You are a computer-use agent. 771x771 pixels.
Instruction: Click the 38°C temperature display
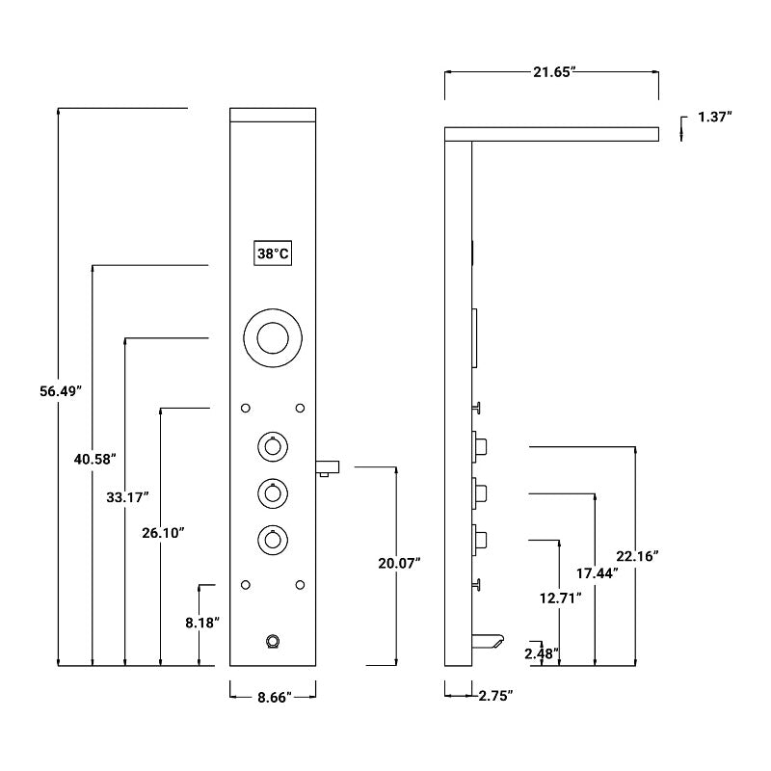[273, 253]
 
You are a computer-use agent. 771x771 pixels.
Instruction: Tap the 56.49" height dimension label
[61, 390]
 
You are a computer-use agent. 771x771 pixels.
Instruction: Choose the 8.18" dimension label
[203, 622]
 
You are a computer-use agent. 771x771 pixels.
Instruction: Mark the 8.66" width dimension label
[273, 694]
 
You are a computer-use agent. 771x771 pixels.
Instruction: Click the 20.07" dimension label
[399, 563]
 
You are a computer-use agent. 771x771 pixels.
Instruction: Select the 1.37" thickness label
[714, 117]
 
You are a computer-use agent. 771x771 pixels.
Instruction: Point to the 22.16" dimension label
[636, 555]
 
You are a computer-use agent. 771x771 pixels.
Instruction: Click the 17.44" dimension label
[597, 572]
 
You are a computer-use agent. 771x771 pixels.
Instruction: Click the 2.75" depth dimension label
[495, 695]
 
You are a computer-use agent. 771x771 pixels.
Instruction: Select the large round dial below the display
[273, 338]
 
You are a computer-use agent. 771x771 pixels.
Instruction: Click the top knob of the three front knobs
[273, 447]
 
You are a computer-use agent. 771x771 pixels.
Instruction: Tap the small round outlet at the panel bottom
[273, 641]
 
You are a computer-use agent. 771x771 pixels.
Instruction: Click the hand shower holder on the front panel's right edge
[329, 468]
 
